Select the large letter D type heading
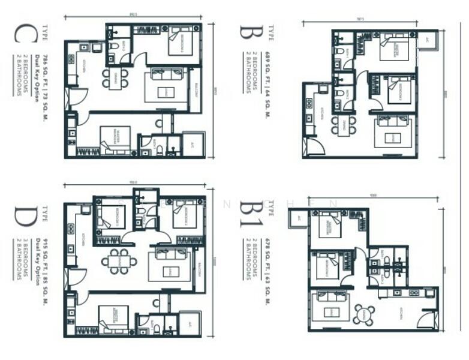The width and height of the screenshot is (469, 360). [26, 217]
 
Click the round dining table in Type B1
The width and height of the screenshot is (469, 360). [363, 314]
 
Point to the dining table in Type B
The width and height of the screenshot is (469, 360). [344, 125]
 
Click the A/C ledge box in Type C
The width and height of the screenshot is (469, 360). [193, 144]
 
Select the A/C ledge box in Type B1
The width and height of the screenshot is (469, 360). [298, 218]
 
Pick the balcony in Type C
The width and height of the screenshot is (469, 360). [195, 90]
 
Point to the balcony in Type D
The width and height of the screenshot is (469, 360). [199, 268]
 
